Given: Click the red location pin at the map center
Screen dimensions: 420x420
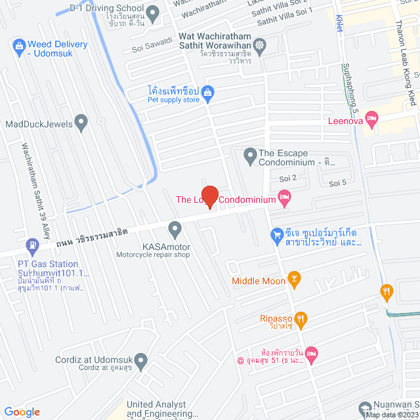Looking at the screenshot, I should [209, 197].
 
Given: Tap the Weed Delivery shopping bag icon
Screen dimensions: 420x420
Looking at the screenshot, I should [18, 45].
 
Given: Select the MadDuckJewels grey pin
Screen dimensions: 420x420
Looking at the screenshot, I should [81, 121].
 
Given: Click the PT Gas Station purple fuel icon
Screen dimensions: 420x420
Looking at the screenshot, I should [31, 247].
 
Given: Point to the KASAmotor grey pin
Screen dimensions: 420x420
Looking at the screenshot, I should [175, 229].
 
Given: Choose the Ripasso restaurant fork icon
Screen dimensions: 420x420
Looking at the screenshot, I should [301, 320].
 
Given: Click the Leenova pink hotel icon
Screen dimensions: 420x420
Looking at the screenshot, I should [371, 119].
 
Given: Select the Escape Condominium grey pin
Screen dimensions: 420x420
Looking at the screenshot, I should [249, 156].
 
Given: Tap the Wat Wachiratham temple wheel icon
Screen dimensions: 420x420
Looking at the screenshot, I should [261, 45].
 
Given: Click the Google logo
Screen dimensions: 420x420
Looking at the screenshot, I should [22, 411].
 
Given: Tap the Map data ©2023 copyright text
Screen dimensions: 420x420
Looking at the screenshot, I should [391, 415].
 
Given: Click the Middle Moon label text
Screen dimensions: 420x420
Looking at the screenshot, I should [259, 281].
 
